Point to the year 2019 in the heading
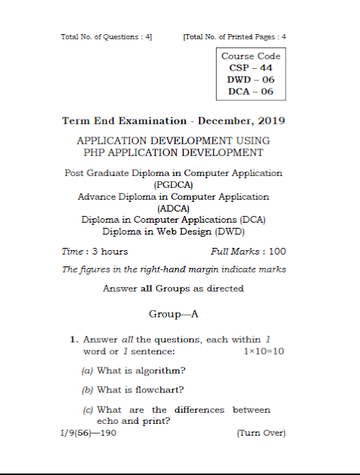tap(271, 120)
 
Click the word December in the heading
tap(220, 120)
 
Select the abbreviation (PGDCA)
tap(174, 183)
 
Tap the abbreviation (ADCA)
tap(174, 209)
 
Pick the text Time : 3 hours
tap(94, 252)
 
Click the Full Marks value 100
tap(277, 252)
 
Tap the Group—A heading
tap(174, 314)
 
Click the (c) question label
tap(88, 410)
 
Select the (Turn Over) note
tap(261, 432)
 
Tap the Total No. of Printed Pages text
tap(235, 36)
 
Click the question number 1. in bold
tap(74, 339)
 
